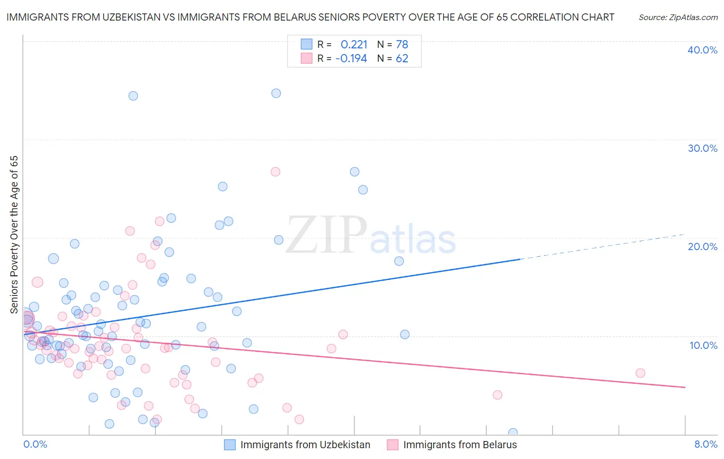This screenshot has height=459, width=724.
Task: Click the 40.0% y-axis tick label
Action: coord(702,50)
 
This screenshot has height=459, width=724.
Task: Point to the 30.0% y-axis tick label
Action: coord(702,148)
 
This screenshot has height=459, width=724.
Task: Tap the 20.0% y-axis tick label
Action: coord(702,246)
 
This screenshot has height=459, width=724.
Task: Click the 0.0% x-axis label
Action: coord(35,444)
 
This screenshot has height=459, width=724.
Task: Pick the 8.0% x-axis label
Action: coord(705,444)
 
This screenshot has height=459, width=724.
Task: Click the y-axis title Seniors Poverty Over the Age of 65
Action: coord(14,235)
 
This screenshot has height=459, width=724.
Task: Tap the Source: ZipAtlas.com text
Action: coord(678,17)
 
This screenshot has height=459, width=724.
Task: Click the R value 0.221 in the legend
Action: coord(354,45)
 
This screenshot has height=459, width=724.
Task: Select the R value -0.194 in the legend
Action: coord(351,59)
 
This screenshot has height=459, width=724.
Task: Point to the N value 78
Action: coord(402,45)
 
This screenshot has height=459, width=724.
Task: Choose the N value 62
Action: coord(402,59)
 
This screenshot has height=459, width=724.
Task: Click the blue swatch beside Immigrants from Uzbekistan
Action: coord(230,445)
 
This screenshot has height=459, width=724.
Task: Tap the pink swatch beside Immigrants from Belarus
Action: coord(392,445)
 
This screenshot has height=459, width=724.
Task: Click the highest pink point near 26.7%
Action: coord(275,172)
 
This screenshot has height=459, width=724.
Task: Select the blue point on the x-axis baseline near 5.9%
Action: coord(512,433)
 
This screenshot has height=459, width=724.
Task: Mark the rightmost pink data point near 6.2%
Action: coord(640,373)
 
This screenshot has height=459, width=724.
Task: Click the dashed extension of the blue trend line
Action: coord(602,246)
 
